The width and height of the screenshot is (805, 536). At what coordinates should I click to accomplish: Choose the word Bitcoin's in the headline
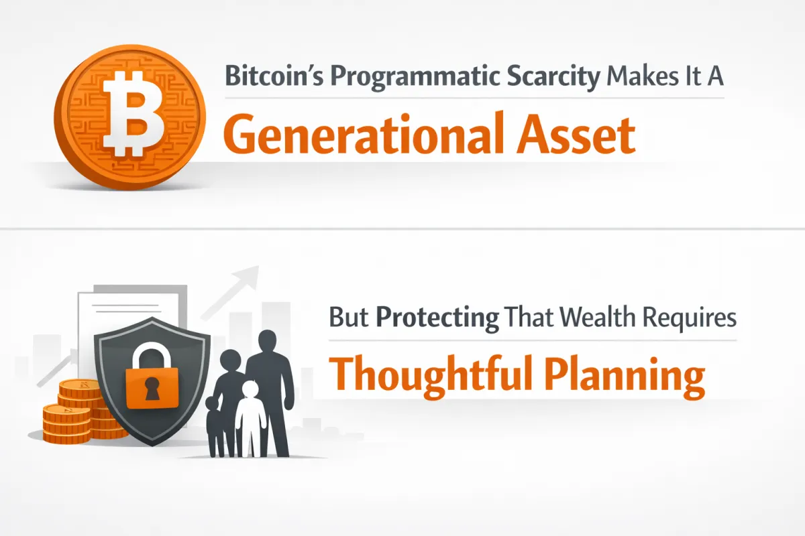tap(273, 78)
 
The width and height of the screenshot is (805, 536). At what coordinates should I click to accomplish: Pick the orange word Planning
tap(629, 375)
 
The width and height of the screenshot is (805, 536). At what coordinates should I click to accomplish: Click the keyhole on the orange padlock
tap(152, 388)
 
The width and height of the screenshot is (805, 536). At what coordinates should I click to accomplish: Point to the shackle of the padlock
tap(152, 355)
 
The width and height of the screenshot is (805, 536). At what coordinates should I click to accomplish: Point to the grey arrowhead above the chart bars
tap(250, 274)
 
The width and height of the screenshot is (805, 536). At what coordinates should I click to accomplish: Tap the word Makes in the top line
tap(633, 78)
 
